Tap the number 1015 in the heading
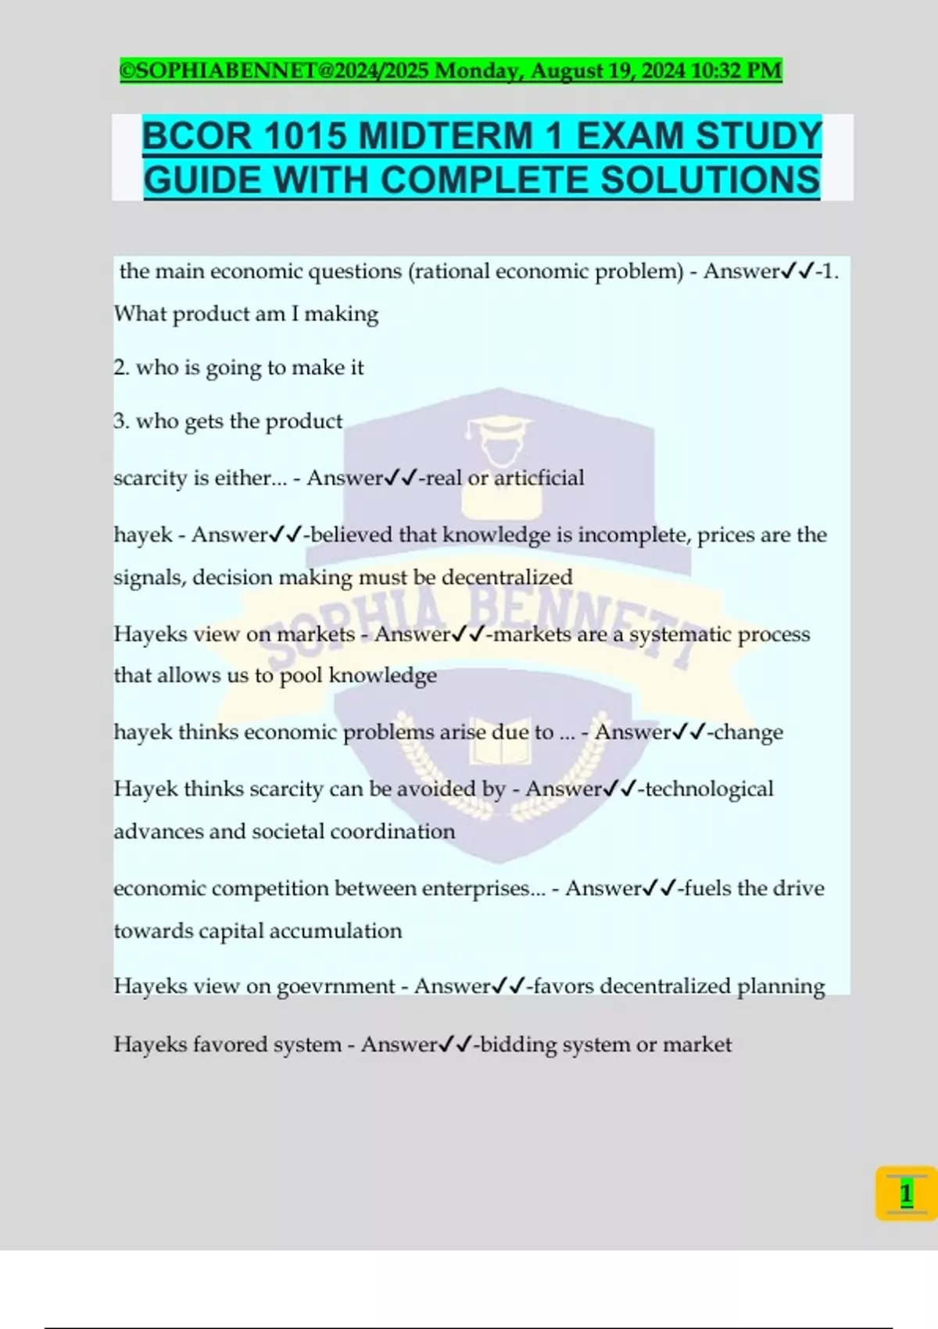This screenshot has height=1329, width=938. coord(304,137)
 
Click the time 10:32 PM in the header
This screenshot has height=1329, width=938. coord(736,71)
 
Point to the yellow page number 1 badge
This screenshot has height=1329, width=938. coord(906,1194)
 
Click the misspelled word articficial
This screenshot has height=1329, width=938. coord(538,478)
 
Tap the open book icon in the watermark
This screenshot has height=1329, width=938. coord(499,750)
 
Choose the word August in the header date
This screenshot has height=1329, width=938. coord(567,71)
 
